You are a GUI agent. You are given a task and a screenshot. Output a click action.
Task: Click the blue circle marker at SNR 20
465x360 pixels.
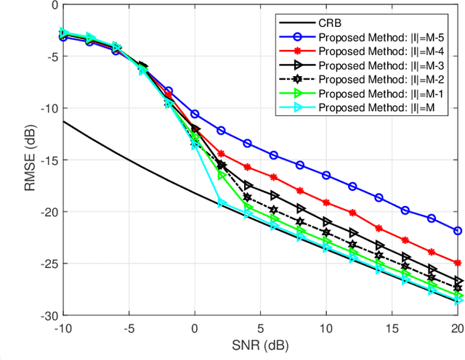pyautogui.click(x=457, y=231)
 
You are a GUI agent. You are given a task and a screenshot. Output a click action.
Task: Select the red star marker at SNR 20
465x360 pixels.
pyautogui.click(x=457, y=263)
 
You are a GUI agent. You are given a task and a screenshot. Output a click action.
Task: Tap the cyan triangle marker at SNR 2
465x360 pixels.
pyautogui.click(x=222, y=202)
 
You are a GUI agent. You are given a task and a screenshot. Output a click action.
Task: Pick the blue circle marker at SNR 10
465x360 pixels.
pyautogui.click(x=326, y=176)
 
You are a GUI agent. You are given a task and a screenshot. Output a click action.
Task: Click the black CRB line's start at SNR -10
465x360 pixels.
pyautogui.click(x=64, y=121)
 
